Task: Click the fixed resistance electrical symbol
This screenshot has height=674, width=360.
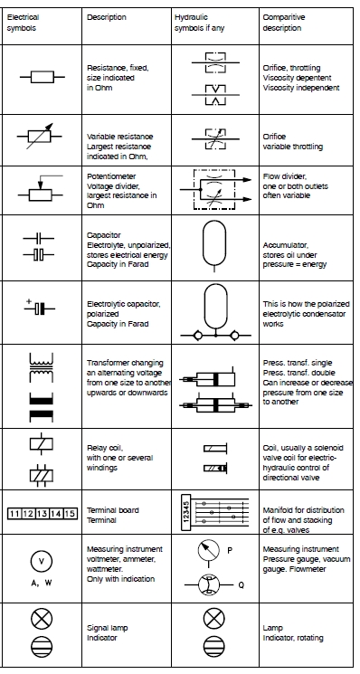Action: (42, 77)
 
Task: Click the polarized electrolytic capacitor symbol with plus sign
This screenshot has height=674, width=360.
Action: (38, 309)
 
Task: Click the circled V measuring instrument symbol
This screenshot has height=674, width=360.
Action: (42, 560)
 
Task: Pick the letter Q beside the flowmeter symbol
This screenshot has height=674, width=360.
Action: (242, 584)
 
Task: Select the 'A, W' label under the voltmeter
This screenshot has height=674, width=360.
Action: (42, 583)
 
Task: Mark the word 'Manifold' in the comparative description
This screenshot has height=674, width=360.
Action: (277, 510)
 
